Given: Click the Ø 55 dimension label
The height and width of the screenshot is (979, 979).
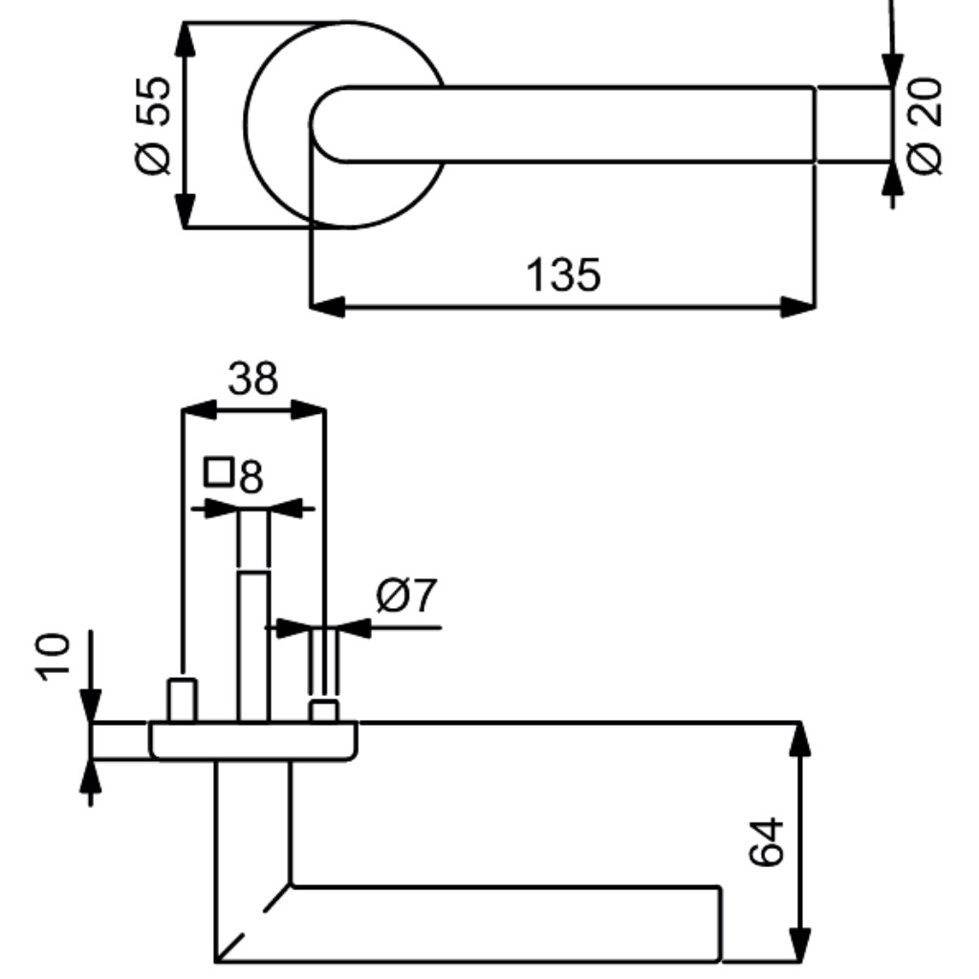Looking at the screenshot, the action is point(152,125).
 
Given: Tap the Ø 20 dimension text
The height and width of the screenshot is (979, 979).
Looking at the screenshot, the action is point(925,125).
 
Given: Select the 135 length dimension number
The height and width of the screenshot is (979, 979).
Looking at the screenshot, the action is point(564,274).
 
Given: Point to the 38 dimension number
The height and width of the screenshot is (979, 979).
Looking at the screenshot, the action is point(252,379).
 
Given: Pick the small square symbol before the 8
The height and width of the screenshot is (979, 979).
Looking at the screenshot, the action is point(219,471).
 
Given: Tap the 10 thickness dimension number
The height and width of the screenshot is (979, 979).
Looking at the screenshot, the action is point(53,657).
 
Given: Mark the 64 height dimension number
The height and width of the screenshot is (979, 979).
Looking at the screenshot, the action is point(766,841).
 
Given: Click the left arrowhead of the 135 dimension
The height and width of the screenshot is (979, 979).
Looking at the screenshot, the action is point(327,307).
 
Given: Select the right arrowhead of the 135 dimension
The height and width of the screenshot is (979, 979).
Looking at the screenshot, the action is point(798,307).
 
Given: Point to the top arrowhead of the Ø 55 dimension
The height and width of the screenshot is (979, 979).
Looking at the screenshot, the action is point(185,41).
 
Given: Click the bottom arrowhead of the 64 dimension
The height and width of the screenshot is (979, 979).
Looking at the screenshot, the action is point(800,944).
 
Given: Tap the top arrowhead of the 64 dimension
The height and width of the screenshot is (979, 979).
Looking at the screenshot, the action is point(800,741).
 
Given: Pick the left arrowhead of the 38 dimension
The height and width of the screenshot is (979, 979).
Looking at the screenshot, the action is point(199,409).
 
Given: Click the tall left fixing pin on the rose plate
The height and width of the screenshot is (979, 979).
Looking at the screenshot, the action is point(182,700).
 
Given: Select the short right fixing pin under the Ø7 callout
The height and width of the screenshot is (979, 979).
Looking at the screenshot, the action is point(325,711).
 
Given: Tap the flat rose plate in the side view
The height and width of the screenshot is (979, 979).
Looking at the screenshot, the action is point(252,741).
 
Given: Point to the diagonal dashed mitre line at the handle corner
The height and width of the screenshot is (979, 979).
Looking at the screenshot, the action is point(252,923).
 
